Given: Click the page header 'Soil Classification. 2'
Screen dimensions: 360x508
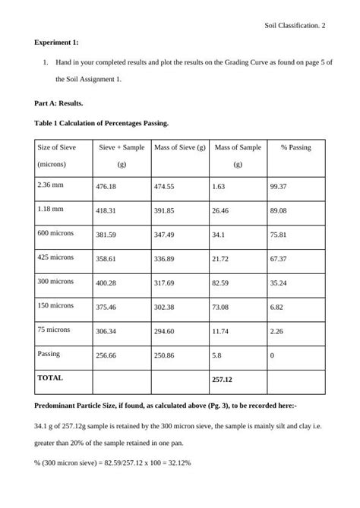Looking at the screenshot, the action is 295,25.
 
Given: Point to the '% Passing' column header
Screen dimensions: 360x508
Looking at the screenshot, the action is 295,147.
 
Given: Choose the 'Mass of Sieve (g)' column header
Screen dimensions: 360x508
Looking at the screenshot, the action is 179,147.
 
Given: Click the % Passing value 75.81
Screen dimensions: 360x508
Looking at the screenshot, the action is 278,235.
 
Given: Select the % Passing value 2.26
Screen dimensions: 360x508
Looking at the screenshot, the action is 276,331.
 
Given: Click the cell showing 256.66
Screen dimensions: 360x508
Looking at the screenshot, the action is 106,355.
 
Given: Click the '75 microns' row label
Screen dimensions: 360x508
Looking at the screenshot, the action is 54,330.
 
